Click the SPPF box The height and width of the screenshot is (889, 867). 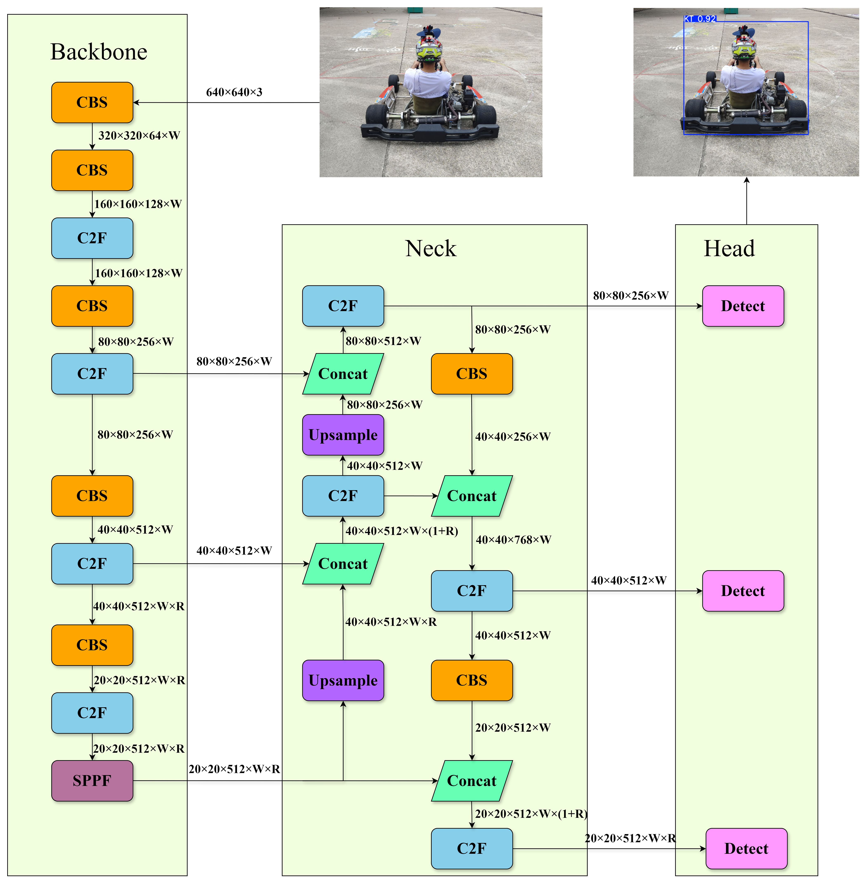click(92, 781)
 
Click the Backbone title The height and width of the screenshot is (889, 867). click(99, 52)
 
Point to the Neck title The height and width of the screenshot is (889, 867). click(430, 249)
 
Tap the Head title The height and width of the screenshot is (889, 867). click(729, 249)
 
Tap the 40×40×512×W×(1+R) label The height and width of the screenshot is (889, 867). click(402, 531)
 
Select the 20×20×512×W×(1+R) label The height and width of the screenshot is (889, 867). click(531, 814)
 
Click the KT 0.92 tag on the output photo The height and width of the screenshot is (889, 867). click(700, 19)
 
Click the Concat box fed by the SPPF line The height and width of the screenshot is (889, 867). click(472, 781)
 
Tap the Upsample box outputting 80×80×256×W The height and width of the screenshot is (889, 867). click(343, 435)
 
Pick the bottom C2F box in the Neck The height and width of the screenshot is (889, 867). click(472, 848)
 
